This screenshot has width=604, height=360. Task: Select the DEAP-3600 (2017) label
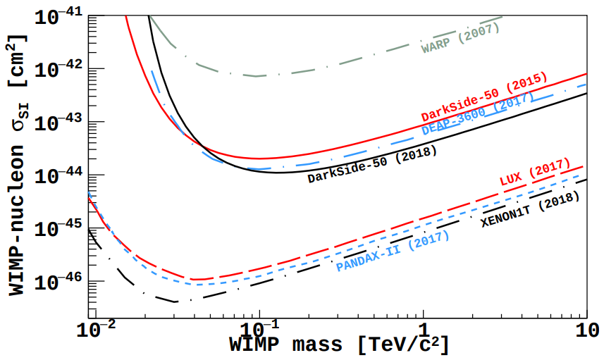point(478,116)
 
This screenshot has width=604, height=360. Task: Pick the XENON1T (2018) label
point(530,209)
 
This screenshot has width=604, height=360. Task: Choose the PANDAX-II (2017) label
point(393,252)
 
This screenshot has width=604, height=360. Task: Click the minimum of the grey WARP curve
point(258,76)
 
